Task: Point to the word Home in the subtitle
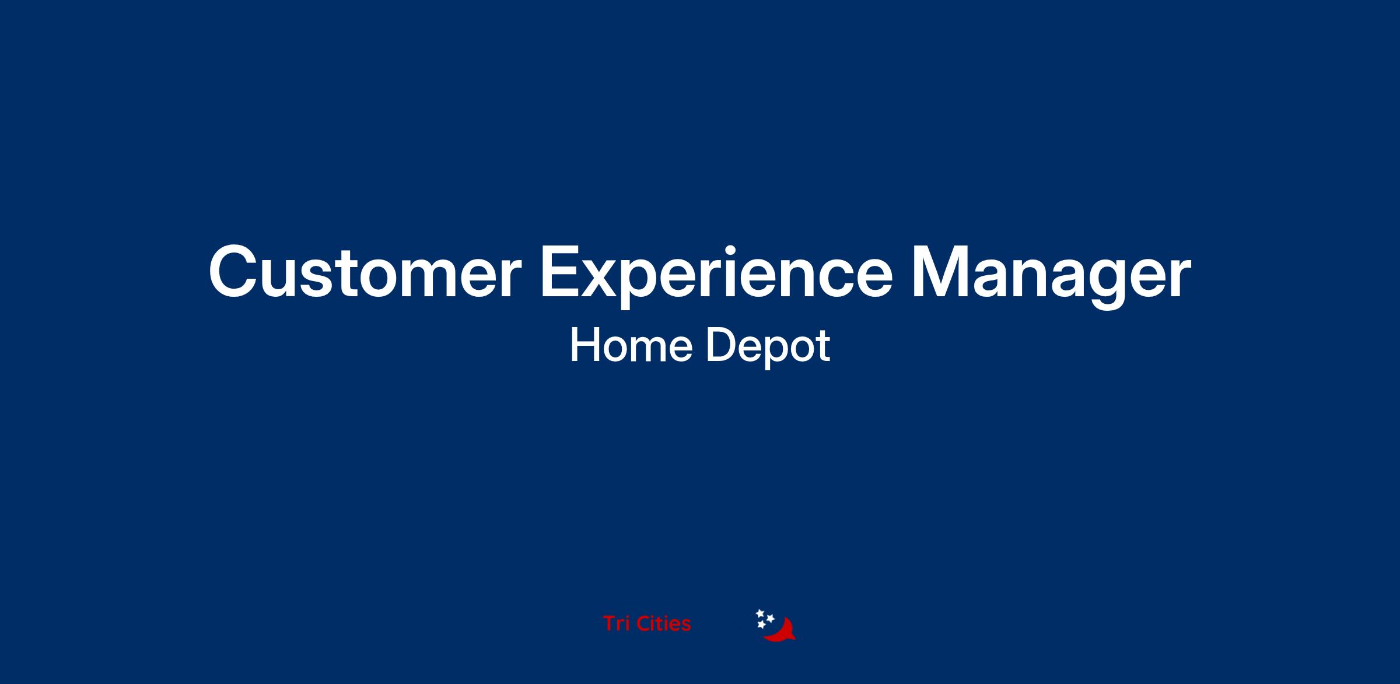631,346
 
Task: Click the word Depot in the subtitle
768,348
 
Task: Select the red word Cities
664,624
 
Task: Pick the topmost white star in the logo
760,613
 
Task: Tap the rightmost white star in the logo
770,618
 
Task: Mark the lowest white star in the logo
761,625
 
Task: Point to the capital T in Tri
610,624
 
